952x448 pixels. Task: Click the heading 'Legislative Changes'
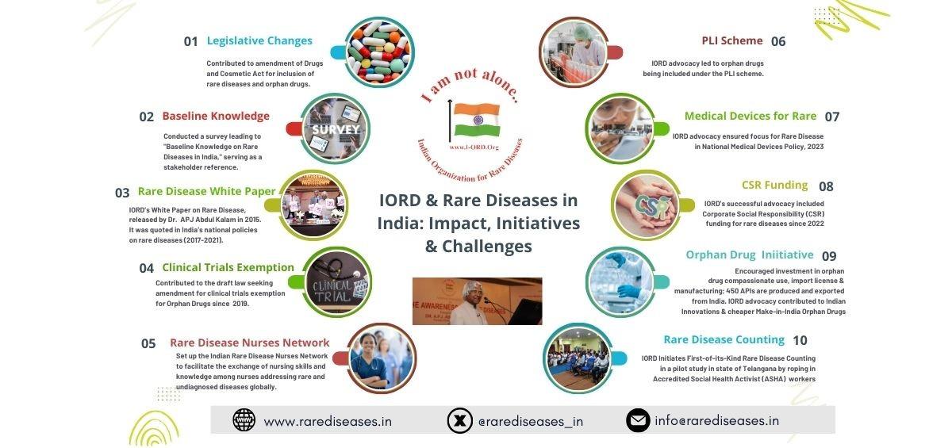[x=259, y=40]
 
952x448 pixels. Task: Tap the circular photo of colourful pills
[x=379, y=52]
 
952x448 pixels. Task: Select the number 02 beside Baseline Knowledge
[x=146, y=117]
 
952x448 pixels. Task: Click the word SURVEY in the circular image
[x=336, y=129]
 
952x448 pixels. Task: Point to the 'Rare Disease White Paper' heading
[x=206, y=192]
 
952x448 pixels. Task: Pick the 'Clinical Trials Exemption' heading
[x=228, y=267]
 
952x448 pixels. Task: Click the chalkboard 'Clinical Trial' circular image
[x=337, y=282]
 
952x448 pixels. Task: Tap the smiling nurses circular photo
[x=382, y=358]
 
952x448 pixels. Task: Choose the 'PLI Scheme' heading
[x=731, y=40]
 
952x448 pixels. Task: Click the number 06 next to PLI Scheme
[x=778, y=41]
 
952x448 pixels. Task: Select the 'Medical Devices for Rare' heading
[x=750, y=117]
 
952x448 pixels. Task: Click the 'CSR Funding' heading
[x=774, y=185]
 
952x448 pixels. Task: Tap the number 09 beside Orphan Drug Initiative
[x=829, y=256]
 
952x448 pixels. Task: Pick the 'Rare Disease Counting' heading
[x=724, y=339]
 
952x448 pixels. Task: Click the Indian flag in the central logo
[x=477, y=120]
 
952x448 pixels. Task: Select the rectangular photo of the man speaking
[x=477, y=301]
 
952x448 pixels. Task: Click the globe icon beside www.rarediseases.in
[x=244, y=420]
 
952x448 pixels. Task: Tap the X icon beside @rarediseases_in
[x=459, y=420]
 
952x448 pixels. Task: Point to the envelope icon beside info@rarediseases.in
[x=638, y=420]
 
